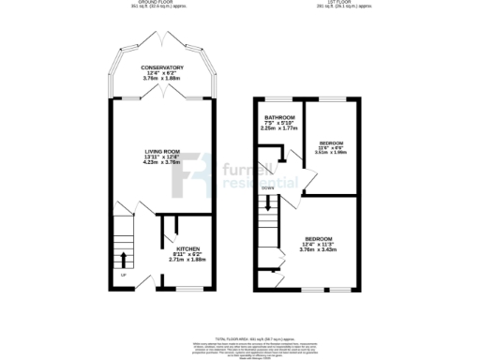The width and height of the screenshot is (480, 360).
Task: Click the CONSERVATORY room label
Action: (161, 67)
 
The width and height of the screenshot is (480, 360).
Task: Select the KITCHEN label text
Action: (187, 248)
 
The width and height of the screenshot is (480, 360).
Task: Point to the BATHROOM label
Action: (279, 118)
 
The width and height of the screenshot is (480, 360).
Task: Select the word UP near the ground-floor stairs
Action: (123, 275)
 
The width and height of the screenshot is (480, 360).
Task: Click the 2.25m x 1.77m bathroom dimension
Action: (279, 130)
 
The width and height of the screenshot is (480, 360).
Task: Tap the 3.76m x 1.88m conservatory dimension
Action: (161, 80)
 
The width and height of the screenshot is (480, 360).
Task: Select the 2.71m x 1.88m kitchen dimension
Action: (187, 260)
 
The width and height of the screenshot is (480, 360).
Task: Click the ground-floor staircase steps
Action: (124, 239)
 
